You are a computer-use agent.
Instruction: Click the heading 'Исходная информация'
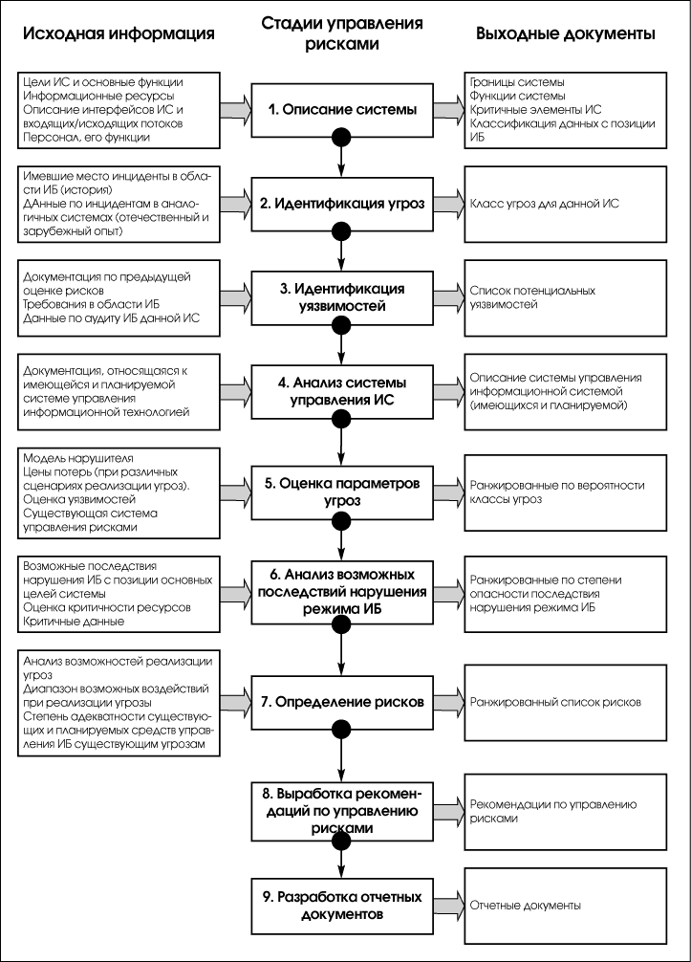(x=119, y=34)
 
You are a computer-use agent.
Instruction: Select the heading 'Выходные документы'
(x=566, y=34)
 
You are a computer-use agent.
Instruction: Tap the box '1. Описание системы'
(x=342, y=110)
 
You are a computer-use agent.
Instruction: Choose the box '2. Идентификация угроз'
(x=342, y=203)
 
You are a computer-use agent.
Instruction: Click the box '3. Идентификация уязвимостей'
(x=342, y=296)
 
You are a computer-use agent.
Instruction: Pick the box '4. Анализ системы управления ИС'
(x=342, y=391)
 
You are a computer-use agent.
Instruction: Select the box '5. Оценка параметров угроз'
(x=342, y=491)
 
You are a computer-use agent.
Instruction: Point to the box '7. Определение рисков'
(x=342, y=701)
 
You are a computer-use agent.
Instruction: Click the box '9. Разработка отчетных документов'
(x=342, y=905)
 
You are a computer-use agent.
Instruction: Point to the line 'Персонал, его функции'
(x=79, y=138)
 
